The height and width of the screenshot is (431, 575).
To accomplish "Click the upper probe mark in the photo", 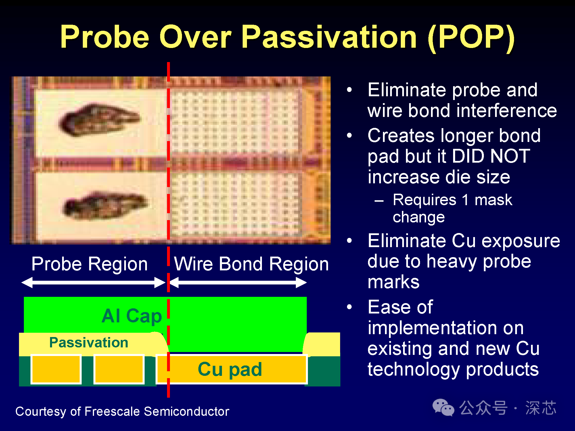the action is pyautogui.click(x=99, y=120).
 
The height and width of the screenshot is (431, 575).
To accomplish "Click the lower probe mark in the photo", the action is pyautogui.click(x=105, y=206).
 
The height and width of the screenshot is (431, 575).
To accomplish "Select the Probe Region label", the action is pyautogui.click(x=89, y=264).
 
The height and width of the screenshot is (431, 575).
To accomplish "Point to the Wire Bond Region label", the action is pyautogui.click(x=252, y=264).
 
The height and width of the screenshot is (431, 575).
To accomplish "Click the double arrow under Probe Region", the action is pyautogui.click(x=93, y=282).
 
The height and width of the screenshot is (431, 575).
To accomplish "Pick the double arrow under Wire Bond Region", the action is pyautogui.click(x=238, y=282).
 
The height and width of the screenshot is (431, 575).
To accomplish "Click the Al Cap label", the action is pyautogui.click(x=132, y=316).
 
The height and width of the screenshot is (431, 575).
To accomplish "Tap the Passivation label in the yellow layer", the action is pyautogui.click(x=89, y=343).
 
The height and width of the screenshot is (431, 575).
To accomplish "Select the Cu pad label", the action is pyautogui.click(x=230, y=369).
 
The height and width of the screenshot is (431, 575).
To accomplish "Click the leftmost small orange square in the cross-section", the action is pyautogui.click(x=56, y=370).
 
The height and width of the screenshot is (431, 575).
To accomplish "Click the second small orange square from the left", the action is pyautogui.click(x=119, y=370).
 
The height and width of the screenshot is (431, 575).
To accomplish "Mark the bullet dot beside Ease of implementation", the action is pyautogui.click(x=349, y=307).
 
